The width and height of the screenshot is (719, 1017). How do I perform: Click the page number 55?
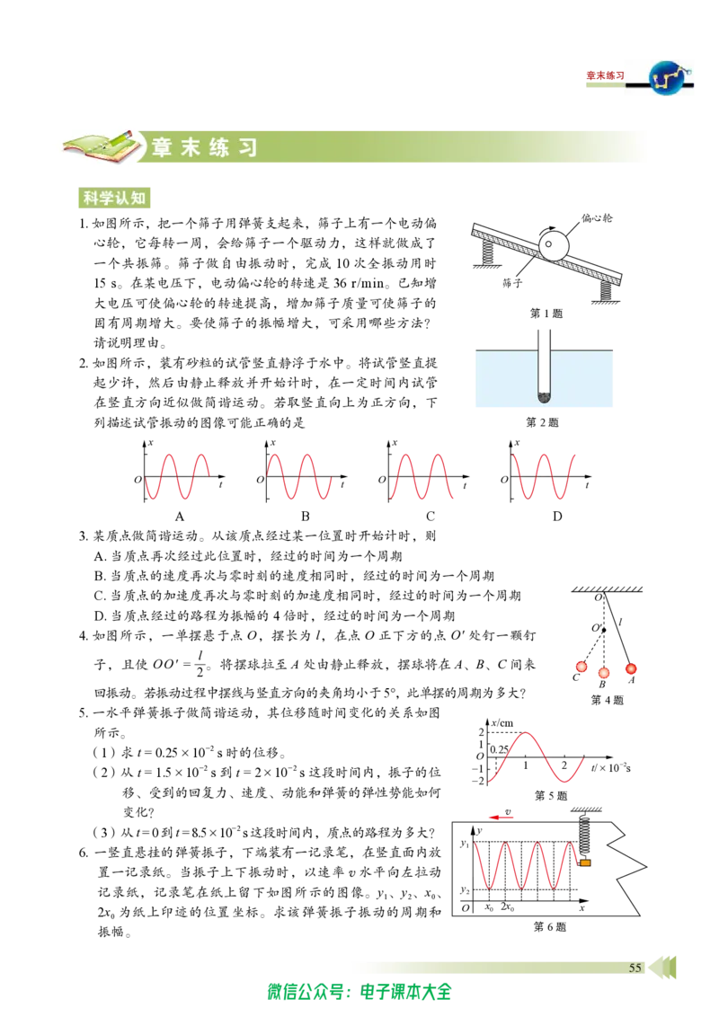coord(635,967)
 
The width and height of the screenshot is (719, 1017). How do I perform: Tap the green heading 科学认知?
coord(114,197)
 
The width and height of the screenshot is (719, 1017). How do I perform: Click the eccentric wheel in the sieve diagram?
coord(554,246)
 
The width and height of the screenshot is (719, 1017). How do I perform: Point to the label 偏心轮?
coord(597,218)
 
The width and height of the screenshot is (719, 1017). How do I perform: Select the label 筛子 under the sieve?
coord(512,283)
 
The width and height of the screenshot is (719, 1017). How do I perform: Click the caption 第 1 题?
coord(546,314)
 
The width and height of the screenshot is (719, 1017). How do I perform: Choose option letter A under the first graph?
coord(180,517)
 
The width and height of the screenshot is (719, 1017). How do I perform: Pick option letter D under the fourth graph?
coord(556,517)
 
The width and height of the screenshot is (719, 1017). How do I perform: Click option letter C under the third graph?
coord(431,517)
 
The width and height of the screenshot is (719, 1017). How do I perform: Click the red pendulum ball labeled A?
coord(630,668)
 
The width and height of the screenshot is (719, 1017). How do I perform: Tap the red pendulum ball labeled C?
coord(581,666)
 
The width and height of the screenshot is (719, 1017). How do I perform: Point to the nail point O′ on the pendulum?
coord(603,630)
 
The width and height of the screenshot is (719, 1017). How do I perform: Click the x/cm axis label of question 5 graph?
coord(502,722)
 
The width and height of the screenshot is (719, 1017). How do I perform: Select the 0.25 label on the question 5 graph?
coord(499,749)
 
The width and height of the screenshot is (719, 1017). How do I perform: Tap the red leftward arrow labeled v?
coord(502,818)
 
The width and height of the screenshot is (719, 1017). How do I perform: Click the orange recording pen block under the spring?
coord(585,862)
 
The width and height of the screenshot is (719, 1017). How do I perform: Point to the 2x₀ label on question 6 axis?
coord(508,907)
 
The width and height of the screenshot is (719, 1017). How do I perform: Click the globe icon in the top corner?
coord(670,76)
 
